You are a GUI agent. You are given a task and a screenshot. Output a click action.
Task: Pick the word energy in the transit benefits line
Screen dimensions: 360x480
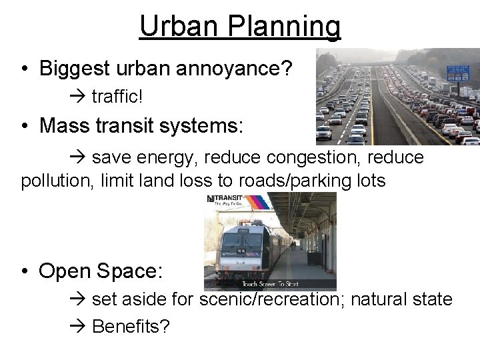coord(167,157)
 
